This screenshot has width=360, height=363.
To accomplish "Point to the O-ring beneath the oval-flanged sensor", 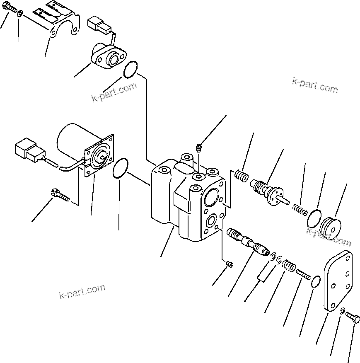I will [130, 70].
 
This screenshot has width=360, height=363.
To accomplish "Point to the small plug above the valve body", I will [198, 147].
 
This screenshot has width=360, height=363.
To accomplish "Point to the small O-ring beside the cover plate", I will [316, 282].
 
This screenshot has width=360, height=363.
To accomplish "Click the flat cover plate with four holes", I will [339, 281].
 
